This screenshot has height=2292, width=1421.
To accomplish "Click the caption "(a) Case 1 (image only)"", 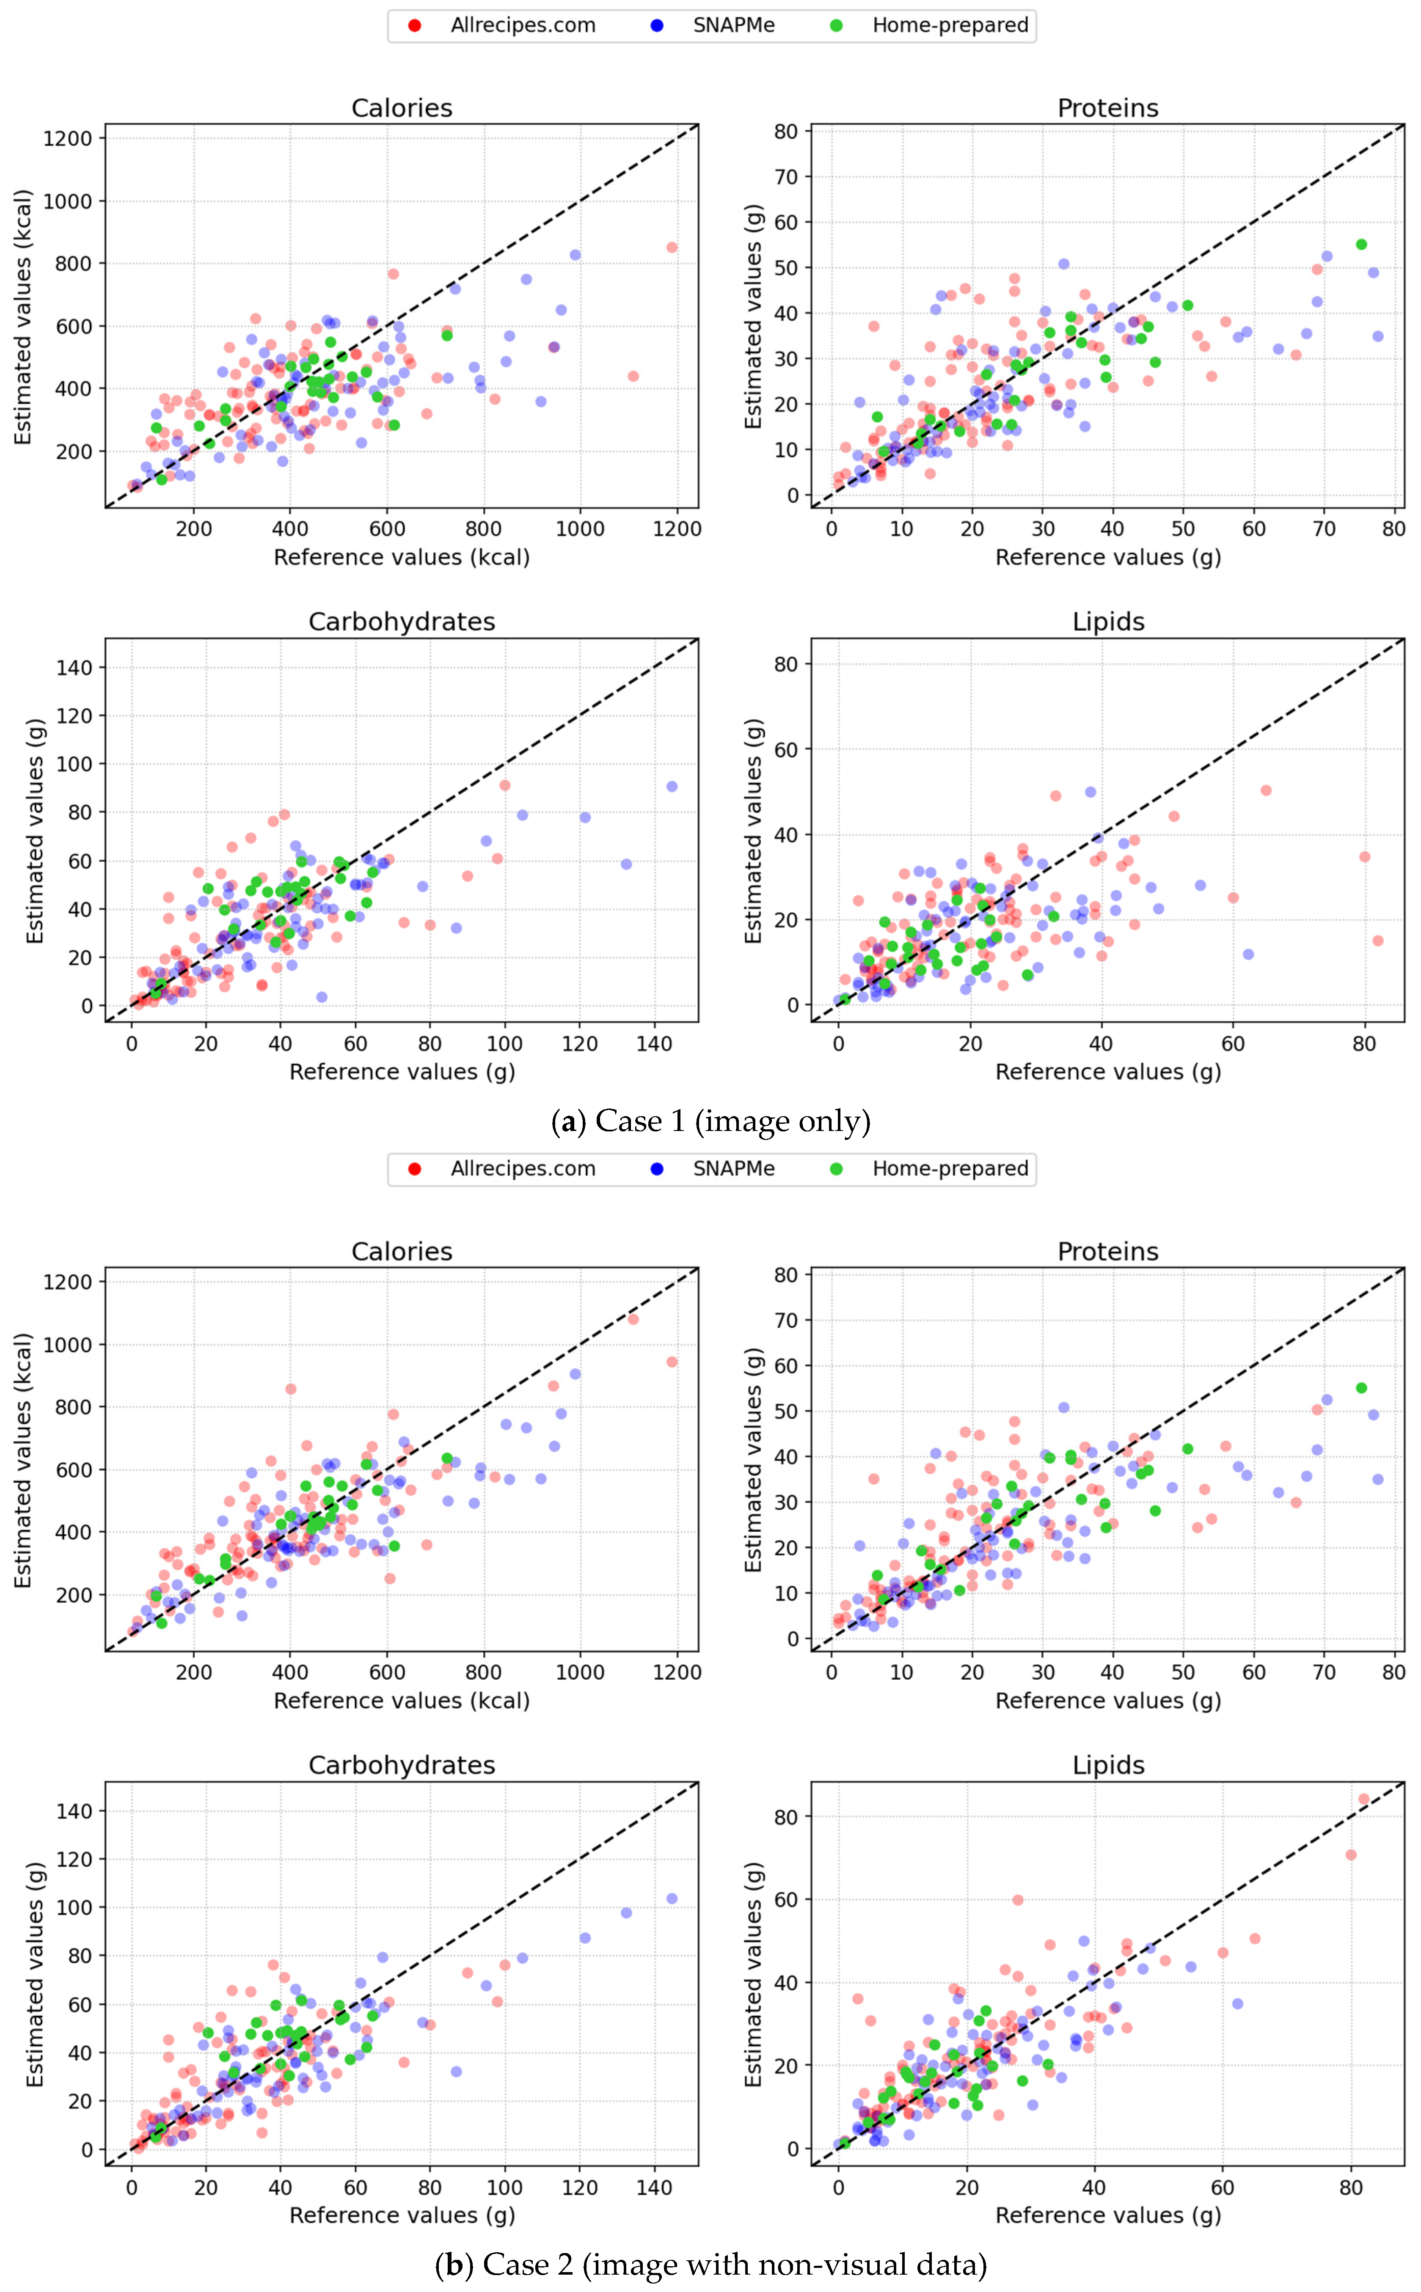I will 710,1121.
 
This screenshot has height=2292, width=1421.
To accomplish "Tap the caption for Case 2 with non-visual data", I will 710,2265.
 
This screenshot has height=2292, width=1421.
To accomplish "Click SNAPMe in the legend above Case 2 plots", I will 733,1169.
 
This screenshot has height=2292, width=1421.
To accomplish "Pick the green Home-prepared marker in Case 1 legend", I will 837,25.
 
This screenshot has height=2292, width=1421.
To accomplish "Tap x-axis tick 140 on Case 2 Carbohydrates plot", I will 654,2187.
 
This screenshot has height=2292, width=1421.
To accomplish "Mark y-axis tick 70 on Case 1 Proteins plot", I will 786,177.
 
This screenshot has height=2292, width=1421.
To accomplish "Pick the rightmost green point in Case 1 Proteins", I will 1361,244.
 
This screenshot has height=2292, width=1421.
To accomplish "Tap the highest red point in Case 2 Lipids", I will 1364,1799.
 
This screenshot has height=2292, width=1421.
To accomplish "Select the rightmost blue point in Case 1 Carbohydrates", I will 672,787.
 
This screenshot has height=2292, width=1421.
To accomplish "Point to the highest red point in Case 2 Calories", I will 633,1319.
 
